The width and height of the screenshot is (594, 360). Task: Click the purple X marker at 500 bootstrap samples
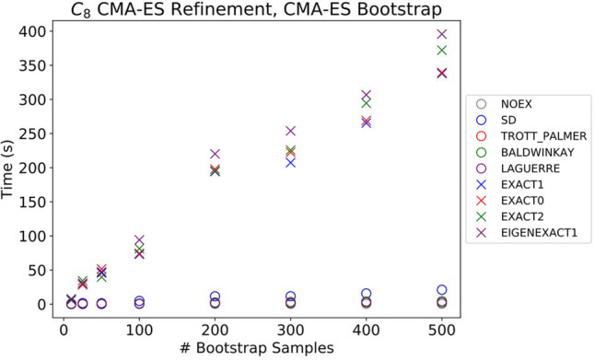[442, 34]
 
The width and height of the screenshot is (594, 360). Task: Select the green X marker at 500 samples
[442, 51]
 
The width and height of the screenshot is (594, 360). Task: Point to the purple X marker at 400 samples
[367, 96]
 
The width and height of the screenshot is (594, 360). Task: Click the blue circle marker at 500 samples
[442, 290]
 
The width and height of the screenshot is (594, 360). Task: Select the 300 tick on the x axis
[291, 329]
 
